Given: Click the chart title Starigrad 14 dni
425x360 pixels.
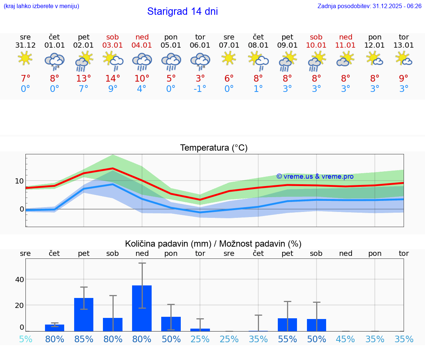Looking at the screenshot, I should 182,11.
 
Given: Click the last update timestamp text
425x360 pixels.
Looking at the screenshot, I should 369,6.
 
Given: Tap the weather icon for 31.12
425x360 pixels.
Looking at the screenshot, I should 25,59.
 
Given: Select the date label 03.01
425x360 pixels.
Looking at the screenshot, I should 113,45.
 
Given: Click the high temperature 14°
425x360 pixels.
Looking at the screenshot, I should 113,78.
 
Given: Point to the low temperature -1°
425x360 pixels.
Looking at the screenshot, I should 200,89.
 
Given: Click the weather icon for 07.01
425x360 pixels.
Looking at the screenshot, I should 229,59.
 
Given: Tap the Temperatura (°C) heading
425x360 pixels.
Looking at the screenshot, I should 214,148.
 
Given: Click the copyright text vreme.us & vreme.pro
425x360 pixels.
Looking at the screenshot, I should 315,176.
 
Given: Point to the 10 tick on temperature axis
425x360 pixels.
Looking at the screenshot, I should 19,181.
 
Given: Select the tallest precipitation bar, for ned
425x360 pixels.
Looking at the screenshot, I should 142,308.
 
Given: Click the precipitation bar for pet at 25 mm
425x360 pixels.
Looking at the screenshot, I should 84,314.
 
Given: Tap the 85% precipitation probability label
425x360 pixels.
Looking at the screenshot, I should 84,339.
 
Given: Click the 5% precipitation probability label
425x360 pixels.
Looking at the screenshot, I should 25,339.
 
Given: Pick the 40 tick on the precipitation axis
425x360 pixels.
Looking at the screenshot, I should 19,280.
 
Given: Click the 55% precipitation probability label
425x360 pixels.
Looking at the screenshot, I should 287,339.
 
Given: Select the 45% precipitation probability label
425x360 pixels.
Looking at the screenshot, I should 346,339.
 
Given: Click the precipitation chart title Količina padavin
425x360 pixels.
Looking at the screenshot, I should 213,244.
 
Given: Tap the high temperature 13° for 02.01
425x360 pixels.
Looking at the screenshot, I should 84,78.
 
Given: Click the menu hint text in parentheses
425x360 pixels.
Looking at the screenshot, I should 41,6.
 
